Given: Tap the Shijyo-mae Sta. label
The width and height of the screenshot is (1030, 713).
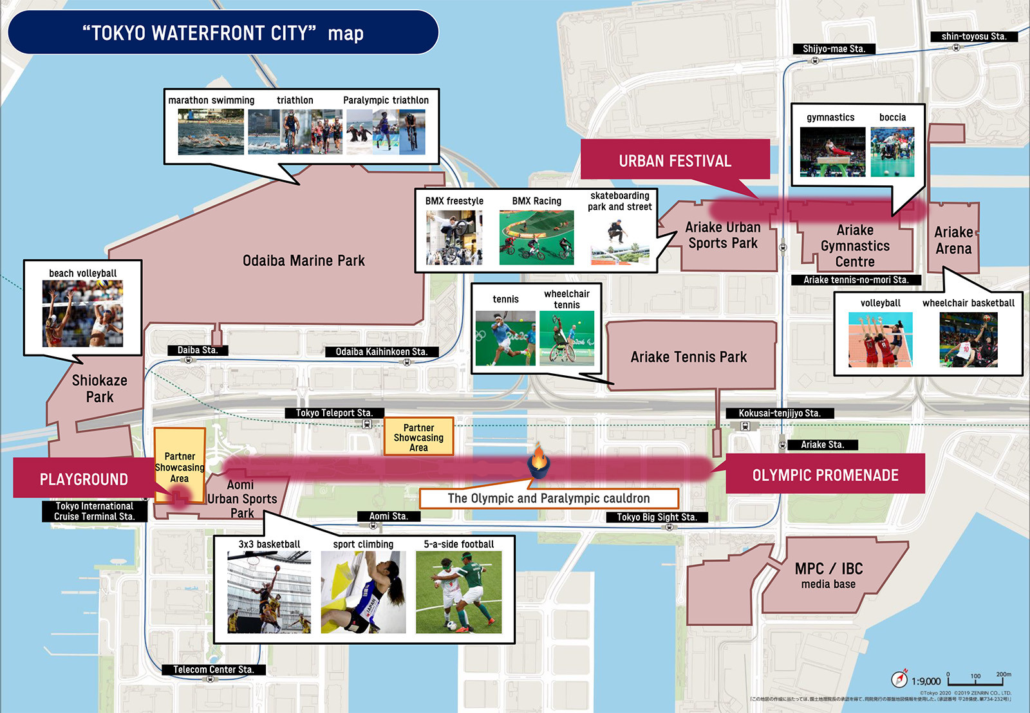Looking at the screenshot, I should pyautogui.click(x=834, y=49).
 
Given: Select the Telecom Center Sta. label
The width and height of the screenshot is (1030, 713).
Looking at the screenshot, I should pyautogui.click(x=213, y=669).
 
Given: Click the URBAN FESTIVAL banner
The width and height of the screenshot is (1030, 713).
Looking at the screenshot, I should pyautogui.click(x=675, y=160).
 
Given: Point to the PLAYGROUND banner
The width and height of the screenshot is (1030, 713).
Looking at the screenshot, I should pyautogui.click(x=84, y=479).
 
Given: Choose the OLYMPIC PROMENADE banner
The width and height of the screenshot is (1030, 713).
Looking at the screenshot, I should pyautogui.click(x=825, y=475).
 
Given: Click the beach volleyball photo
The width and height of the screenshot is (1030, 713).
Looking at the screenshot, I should pyautogui.click(x=82, y=314).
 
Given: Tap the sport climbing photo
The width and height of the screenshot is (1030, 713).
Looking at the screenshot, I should pyautogui.click(x=363, y=592).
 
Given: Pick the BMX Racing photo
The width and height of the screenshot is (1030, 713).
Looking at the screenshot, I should pyautogui.click(x=536, y=237).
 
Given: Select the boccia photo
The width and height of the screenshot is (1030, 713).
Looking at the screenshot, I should pyautogui.click(x=892, y=152).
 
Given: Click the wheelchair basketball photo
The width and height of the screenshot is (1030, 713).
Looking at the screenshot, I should pyautogui.click(x=968, y=340).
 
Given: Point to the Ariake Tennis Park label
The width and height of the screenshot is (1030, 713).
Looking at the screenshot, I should pyautogui.click(x=689, y=357).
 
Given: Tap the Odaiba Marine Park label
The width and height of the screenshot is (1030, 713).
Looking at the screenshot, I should pyautogui.click(x=303, y=261).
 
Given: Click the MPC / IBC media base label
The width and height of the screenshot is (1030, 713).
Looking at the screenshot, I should pyautogui.click(x=829, y=575).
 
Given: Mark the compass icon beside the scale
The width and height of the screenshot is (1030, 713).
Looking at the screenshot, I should pyautogui.click(x=899, y=679).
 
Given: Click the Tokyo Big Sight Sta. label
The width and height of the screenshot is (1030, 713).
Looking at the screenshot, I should pyautogui.click(x=657, y=517).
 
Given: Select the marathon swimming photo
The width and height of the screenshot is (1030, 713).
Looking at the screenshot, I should pyautogui.click(x=211, y=132).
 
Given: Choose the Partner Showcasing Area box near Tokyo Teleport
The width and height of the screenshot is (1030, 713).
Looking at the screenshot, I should pyautogui.click(x=418, y=437).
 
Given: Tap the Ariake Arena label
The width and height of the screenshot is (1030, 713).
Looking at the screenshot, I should pyautogui.click(x=953, y=240).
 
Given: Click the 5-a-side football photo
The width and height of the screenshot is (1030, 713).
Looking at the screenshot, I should pyautogui.click(x=458, y=592).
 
